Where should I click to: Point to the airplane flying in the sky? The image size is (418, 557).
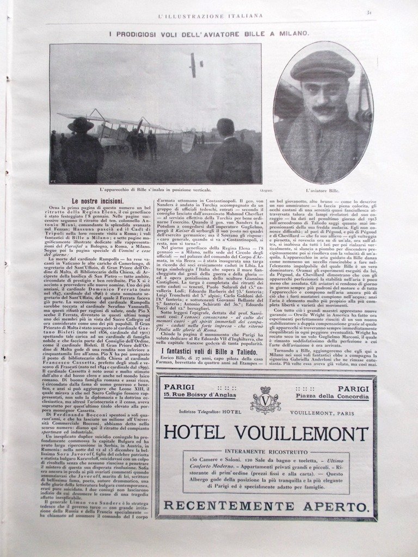[x=195, y=64]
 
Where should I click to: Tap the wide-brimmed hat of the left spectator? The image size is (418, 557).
[x=81, y=124]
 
